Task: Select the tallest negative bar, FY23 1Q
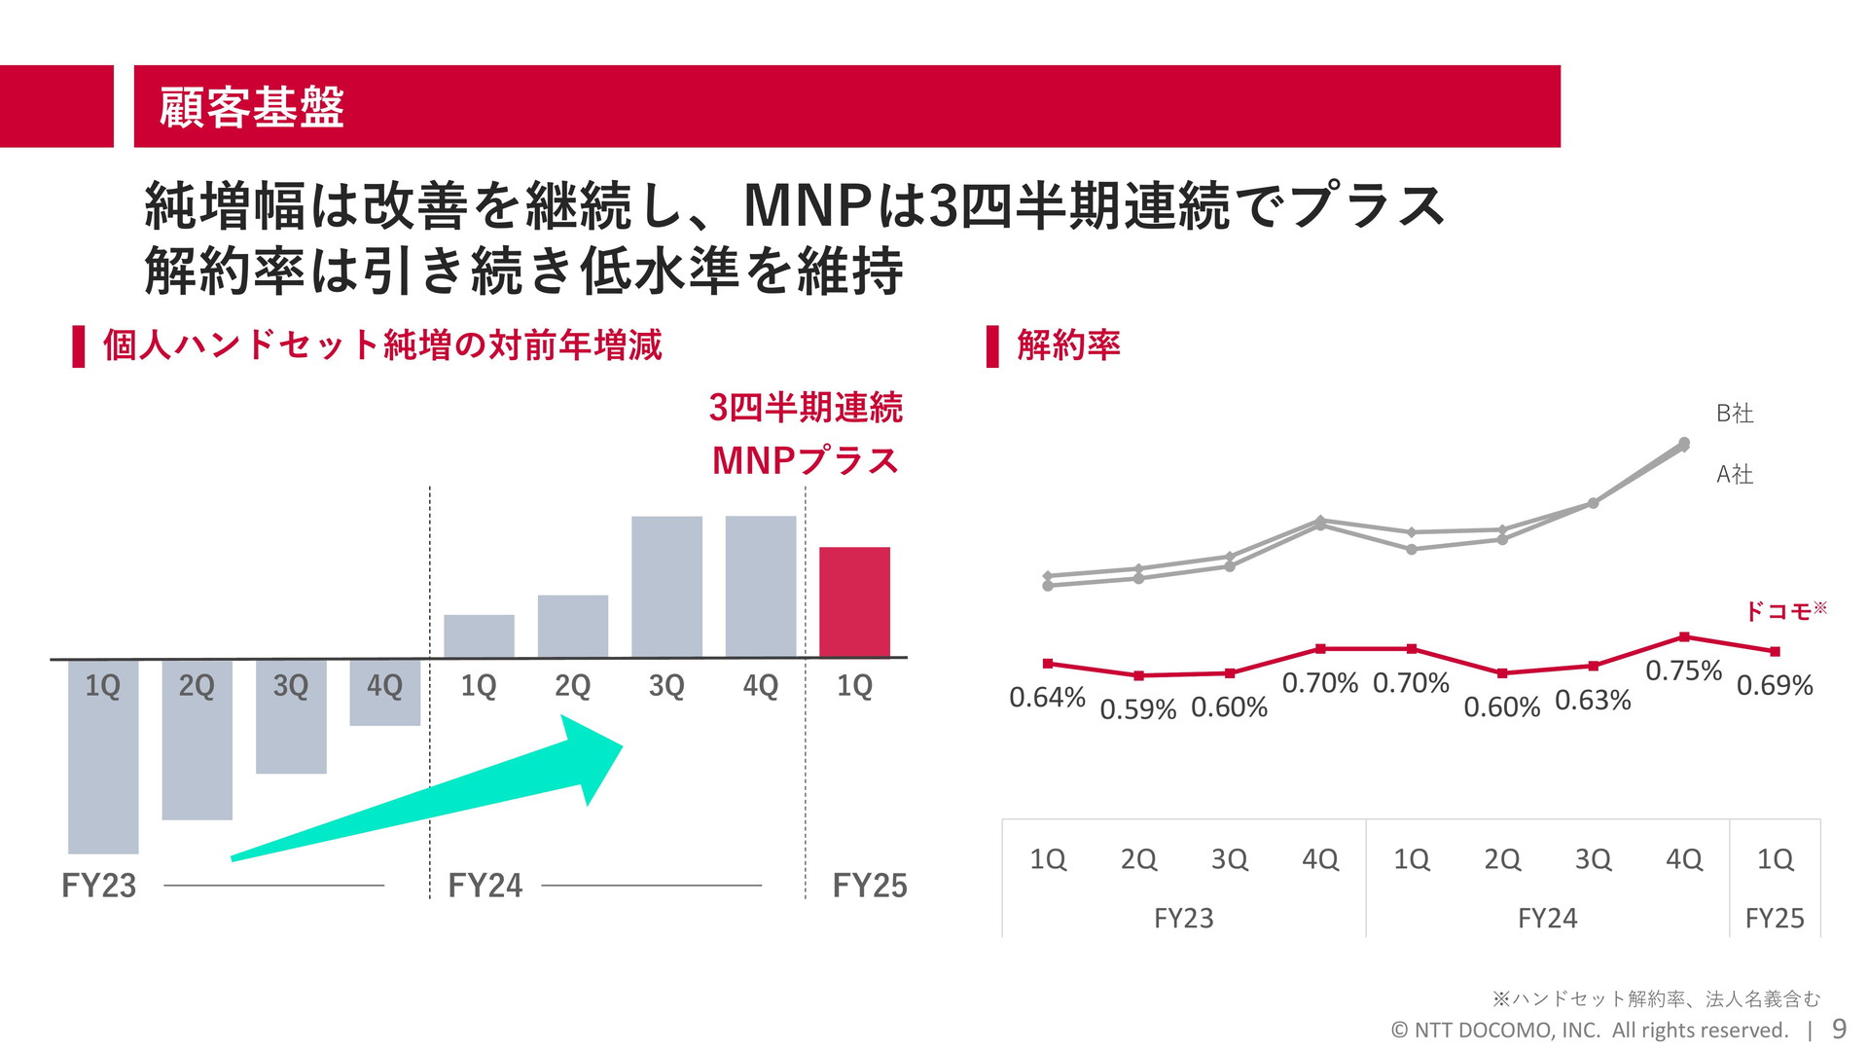tap(103, 769)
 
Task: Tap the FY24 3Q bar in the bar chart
tap(666, 586)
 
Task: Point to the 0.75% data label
tap(1683, 670)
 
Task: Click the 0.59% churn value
tap(1137, 709)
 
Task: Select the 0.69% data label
tap(1775, 685)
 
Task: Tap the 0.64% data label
tap(1047, 697)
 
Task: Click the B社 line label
tap(1735, 414)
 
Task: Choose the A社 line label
tap(1735, 474)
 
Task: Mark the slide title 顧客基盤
tap(252, 107)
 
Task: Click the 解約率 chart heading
tap(1068, 345)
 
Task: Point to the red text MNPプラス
tap(805, 460)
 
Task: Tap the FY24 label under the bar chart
tap(485, 886)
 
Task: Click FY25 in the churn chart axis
tap(1775, 918)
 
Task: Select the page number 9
tap(1839, 1029)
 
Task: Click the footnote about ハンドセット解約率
tap(1655, 998)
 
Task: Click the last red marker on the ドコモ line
tap(1775, 651)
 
